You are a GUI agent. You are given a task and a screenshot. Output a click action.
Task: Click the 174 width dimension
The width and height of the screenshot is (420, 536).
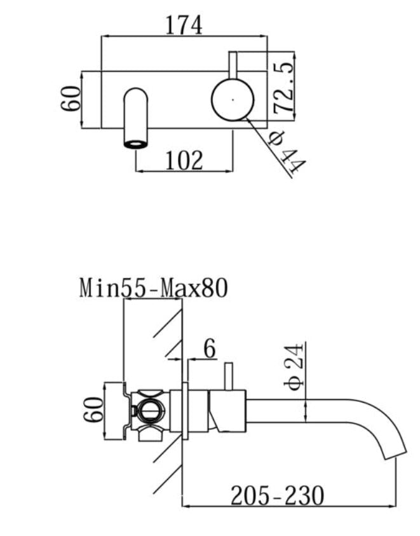184,25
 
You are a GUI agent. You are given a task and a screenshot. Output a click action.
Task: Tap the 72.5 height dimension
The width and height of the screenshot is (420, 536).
283,88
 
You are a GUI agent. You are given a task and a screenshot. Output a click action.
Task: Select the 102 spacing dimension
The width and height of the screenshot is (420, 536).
184,160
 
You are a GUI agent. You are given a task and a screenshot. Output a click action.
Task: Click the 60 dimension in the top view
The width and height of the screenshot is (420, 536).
71,99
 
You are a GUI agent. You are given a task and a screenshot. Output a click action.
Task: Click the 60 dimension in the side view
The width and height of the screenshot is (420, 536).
93,409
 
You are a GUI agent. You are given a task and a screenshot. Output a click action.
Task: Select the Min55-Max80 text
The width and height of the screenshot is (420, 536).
153,288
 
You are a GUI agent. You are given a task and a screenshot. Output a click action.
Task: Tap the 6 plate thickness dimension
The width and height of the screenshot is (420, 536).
210,348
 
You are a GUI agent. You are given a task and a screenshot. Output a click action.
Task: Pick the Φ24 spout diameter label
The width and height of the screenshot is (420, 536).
294,367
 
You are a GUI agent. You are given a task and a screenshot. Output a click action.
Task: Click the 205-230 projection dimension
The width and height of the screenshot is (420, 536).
277,495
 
